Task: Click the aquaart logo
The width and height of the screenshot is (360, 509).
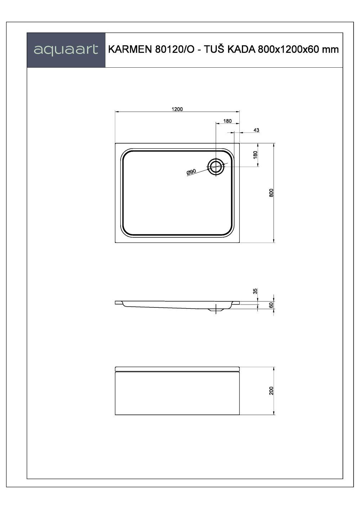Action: point(66,50)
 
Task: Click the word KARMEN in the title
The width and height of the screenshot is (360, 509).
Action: point(130,50)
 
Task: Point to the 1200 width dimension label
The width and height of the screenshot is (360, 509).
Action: point(177,109)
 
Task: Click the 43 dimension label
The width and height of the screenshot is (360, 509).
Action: point(256,130)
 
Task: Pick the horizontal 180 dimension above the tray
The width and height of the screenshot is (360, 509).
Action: point(228,121)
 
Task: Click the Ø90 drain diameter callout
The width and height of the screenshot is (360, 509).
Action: point(191,172)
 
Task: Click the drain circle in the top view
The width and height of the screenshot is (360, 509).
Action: point(216,166)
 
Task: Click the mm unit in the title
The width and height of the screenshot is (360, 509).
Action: point(330,50)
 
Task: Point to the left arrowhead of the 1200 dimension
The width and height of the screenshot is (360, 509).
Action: point(116,112)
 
